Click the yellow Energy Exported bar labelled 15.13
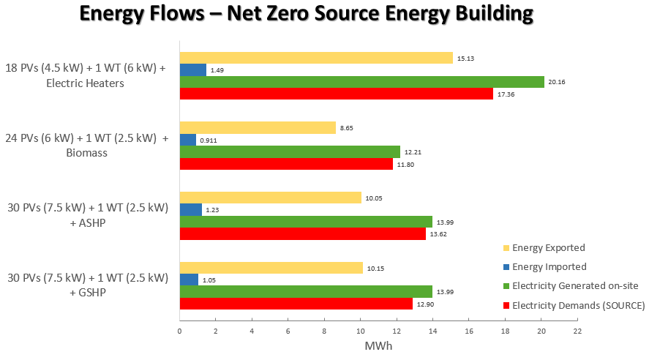coord(316,58)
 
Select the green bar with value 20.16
coord(362,82)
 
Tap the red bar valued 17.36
coord(337,94)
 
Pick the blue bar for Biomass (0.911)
coord(188,140)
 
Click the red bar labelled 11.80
coord(286,164)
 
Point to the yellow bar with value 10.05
coord(271,198)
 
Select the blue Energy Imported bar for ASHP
coord(191,210)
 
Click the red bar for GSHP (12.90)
coord(296,304)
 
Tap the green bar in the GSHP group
coord(306,291)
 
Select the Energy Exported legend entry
coord(548,247)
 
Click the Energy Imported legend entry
coord(549,267)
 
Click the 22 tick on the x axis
coord(577,331)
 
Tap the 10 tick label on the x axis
coord(361,331)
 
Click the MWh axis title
coord(378,345)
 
